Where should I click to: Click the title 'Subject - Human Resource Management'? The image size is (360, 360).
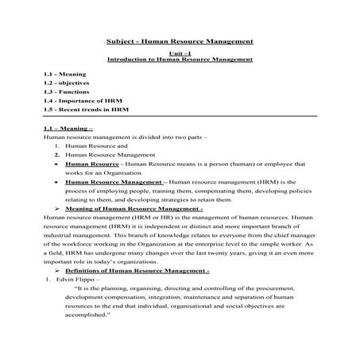(180, 41)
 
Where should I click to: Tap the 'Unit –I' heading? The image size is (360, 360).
(180, 52)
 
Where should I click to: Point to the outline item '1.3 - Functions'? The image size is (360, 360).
(66, 91)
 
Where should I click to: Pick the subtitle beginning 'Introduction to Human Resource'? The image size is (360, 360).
(180, 60)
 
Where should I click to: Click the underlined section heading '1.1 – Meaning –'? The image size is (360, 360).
(69, 129)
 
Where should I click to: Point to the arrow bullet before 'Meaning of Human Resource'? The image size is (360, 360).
(57, 207)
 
